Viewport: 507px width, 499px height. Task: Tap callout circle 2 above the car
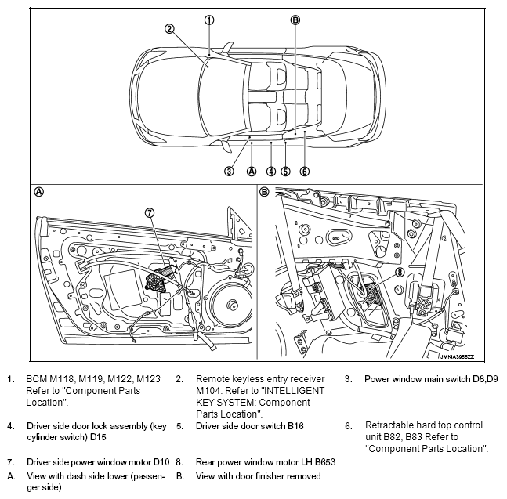[168, 29]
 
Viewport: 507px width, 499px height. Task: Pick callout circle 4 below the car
[270, 172]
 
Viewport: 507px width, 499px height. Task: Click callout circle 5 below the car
[286, 172]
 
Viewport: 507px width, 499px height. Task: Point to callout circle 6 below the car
[304, 172]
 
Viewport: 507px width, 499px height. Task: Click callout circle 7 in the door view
[150, 212]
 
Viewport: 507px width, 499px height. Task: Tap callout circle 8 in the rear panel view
[399, 273]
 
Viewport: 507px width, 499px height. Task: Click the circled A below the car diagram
[251, 172]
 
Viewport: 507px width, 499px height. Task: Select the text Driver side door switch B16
[249, 426]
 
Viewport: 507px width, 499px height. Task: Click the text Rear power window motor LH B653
[265, 463]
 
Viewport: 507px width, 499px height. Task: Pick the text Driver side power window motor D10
[98, 463]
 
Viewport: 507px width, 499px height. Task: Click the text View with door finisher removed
[258, 475]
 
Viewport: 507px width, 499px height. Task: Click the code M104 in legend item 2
[209, 391]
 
